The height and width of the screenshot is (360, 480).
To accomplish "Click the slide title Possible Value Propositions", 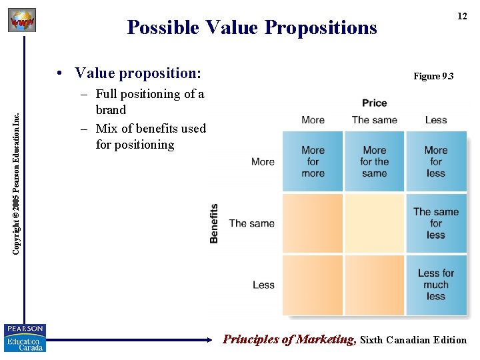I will click(252, 27).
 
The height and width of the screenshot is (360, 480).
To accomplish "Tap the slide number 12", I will click(461, 16).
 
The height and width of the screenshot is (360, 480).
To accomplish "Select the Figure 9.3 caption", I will click(433, 76).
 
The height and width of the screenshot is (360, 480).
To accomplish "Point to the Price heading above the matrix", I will click(374, 103).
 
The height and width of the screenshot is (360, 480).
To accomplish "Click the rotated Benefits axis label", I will click(214, 223).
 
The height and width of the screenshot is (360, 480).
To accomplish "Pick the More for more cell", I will click(313, 162).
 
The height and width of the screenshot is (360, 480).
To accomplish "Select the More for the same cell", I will click(374, 162).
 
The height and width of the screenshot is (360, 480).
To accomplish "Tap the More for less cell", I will click(435, 162).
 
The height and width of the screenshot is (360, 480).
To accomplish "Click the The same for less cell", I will click(435, 223).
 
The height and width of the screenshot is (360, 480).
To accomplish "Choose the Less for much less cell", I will click(435, 285).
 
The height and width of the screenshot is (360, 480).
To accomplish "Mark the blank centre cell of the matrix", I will click(374, 223).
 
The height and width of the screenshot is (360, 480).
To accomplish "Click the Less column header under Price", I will click(435, 120).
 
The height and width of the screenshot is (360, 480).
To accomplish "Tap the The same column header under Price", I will click(374, 120).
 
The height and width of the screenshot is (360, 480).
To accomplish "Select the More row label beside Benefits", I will click(263, 162).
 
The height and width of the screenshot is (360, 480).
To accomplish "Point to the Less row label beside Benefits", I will click(263, 285).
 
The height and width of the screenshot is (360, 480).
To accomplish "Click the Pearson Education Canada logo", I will click(25, 338).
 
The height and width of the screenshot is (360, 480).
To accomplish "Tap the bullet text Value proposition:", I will click(138, 73).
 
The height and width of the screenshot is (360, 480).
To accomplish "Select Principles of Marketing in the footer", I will click(289, 339).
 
